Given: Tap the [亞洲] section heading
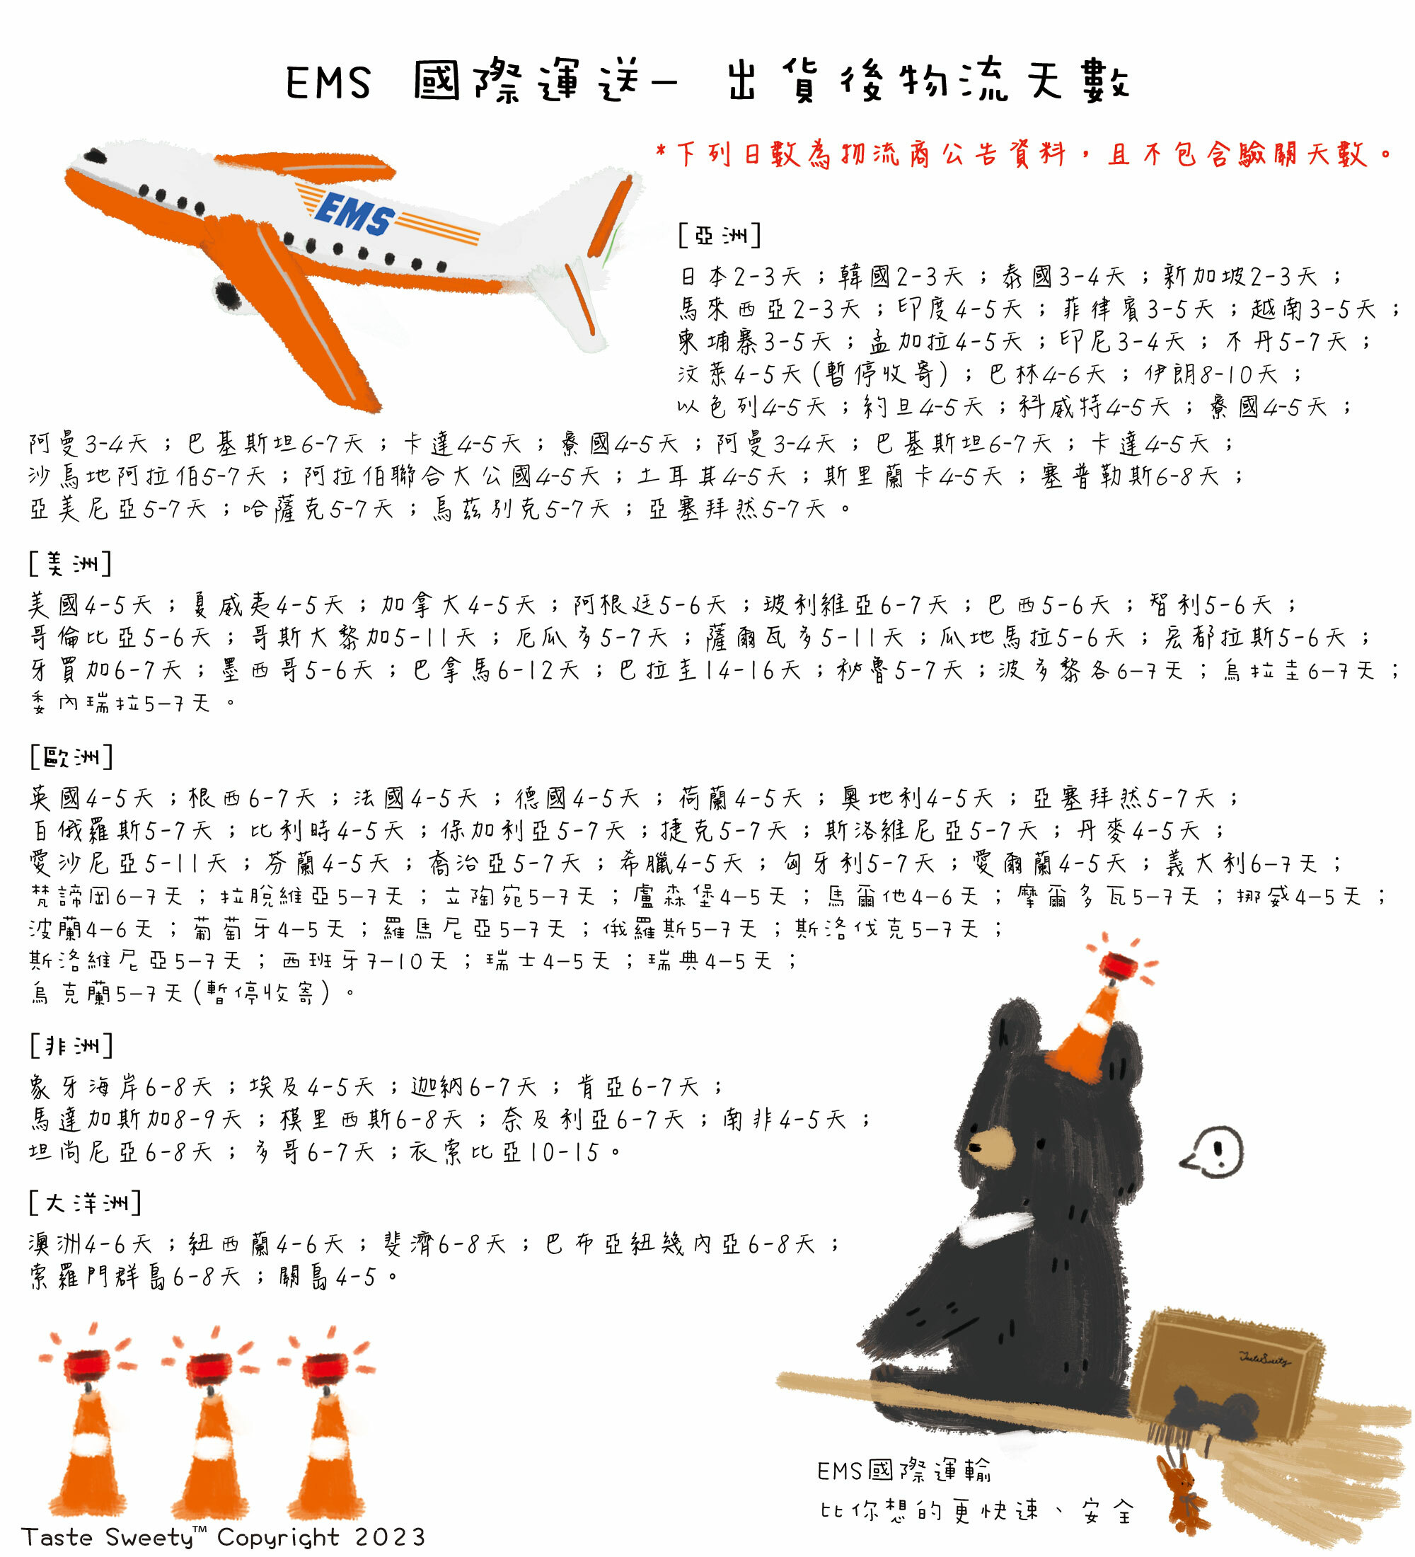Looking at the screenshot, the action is [x=720, y=235].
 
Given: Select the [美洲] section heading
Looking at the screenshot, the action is [x=70, y=564].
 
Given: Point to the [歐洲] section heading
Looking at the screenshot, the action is [x=71, y=757].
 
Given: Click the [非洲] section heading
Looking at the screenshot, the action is [x=71, y=1046].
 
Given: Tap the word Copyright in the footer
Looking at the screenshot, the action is [x=278, y=1538].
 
